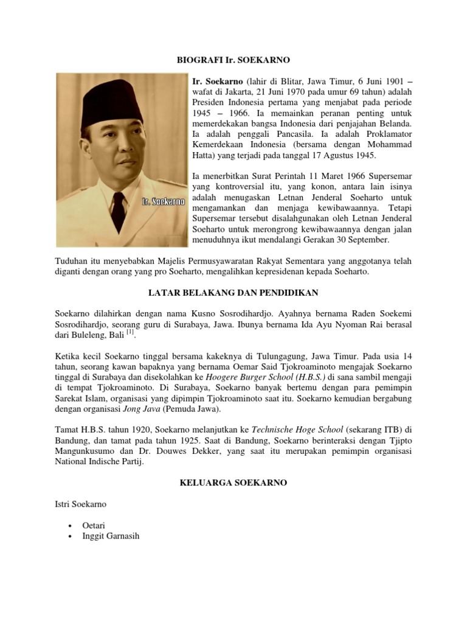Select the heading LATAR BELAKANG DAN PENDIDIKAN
click(233, 293)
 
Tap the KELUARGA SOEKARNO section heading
click(233, 482)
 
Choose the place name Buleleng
click(85, 335)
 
